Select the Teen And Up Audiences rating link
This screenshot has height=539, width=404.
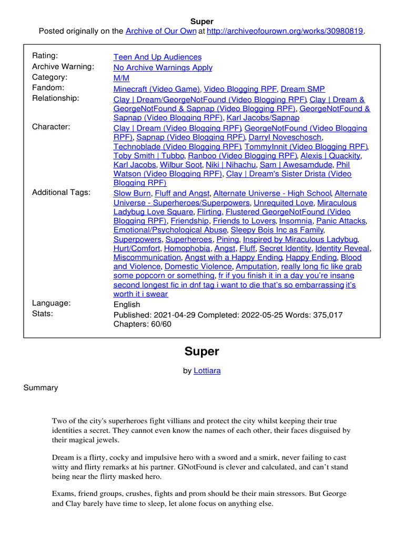(157, 57)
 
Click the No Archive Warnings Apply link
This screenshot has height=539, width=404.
(163, 67)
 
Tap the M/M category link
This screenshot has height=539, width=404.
(122, 78)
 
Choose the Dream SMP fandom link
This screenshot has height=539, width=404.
(302, 89)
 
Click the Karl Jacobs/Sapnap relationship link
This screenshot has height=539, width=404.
(263, 118)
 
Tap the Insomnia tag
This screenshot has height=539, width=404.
(295, 221)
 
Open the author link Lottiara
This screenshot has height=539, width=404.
(207, 371)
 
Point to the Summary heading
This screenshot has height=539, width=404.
(41, 388)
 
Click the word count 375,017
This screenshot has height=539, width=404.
(325, 315)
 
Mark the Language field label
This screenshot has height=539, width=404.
(52, 303)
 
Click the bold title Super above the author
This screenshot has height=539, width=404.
(201, 351)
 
